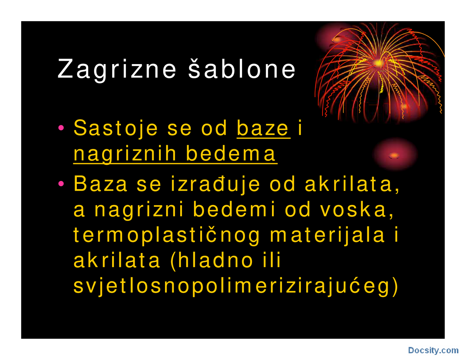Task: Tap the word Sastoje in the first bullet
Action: [116, 128]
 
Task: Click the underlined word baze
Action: [263, 128]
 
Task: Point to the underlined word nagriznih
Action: [125, 154]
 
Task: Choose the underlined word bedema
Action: [231, 154]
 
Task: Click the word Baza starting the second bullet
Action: [100, 184]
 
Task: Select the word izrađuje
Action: [216, 184]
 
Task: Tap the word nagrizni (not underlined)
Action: [139, 210]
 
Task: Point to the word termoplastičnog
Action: [167, 235]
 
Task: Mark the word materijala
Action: [327, 235]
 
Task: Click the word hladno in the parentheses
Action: [211, 260]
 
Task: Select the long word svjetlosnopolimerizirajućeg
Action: [235, 286]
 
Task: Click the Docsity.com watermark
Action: [433, 351]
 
